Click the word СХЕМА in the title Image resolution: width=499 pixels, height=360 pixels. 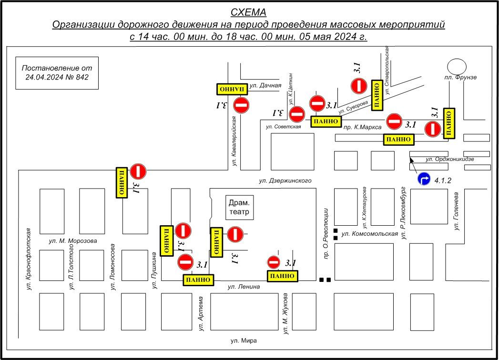[248, 12]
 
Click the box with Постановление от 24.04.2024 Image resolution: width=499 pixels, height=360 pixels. [57, 72]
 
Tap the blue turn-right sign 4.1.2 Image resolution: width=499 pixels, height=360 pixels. [425, 180]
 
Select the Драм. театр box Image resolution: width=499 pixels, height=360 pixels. [240, 207]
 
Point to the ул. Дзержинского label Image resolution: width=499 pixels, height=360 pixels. [285, 180]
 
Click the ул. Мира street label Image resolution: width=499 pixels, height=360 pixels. [244, 340]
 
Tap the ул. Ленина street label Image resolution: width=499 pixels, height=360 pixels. [244, 286]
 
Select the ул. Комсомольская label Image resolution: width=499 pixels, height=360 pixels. [369, 233]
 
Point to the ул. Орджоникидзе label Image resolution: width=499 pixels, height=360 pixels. [449, 159]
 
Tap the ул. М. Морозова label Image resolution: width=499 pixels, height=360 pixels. [73, 240]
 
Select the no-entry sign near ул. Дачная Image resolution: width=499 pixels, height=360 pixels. [242, 105]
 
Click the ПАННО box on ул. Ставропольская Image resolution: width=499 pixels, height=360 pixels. [377, 96]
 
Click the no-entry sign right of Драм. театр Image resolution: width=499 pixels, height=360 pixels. [235, 234]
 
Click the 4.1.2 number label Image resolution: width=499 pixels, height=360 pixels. [442, 180]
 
